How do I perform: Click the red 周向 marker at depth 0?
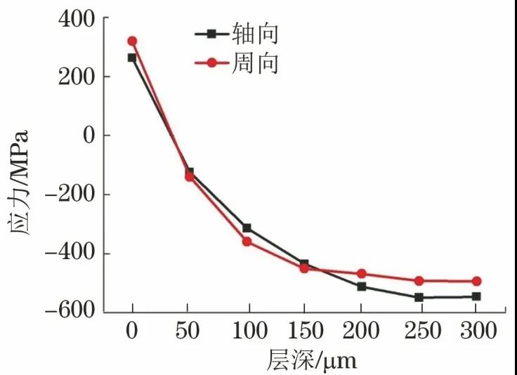132,41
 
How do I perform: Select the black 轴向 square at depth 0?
132,58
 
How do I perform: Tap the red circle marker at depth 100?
247,242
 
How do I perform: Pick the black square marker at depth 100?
247,228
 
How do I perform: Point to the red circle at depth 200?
362,273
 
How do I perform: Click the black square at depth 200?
362,287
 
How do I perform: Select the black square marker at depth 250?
419,297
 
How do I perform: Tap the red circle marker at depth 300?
476,281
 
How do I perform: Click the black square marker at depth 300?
476,296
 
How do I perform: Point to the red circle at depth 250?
419,280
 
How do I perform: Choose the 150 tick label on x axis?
303,331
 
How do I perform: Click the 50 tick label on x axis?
189,331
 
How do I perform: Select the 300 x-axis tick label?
476,331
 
